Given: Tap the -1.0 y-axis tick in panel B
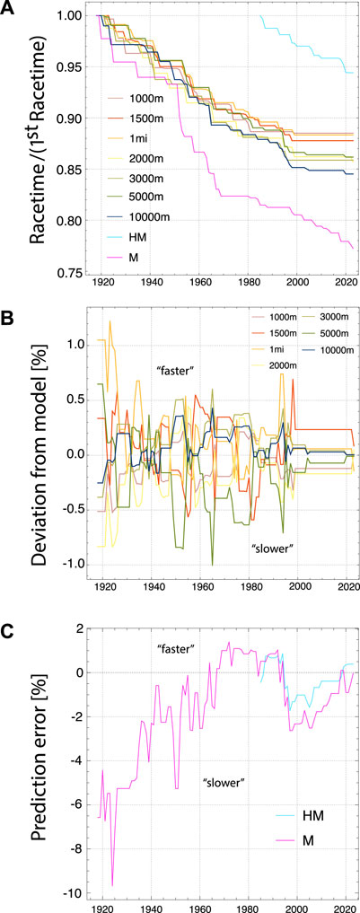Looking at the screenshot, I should click(x=71, y=564).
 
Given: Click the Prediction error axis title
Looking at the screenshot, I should click(x=36, y=761).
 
